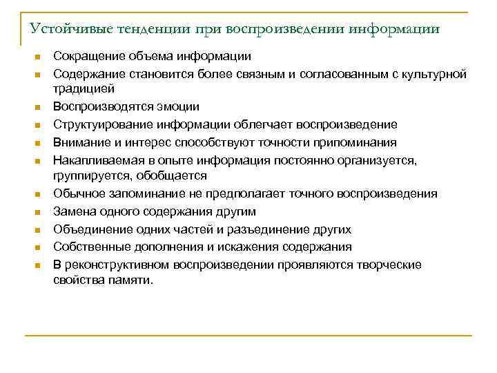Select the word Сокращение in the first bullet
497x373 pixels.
click(86, 56)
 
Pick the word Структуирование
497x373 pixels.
click(101, 125)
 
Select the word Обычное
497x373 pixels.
click(78, 194)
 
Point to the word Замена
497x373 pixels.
click(72, 211)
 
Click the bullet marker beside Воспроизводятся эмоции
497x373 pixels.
click(39, 108)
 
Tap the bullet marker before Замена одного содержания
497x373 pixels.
click(39, 212)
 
